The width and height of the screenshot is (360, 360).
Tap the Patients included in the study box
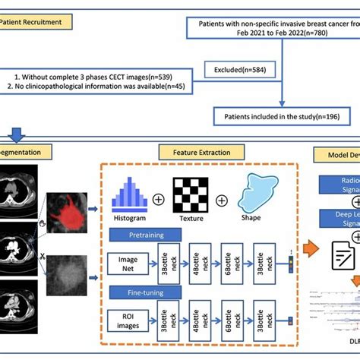282,116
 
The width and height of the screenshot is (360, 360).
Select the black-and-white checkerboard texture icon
191,193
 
